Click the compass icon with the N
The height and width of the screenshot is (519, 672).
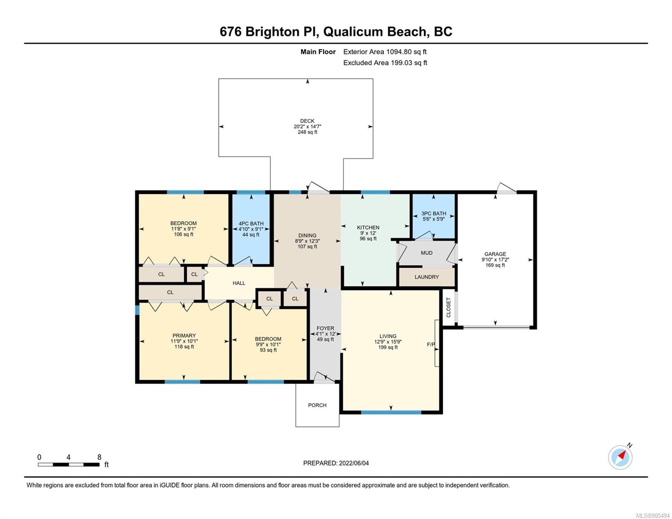[x=620, y=457]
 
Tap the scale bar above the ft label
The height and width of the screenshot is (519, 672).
[x=68, y=464]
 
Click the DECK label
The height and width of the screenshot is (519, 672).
[x=307, y=121]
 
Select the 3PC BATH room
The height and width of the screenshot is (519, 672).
[x=433, y=216]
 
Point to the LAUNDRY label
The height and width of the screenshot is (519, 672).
[x=427, y=277]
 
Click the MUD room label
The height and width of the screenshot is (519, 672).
[x=427, y=253]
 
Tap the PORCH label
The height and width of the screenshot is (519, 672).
[x=317, y=405]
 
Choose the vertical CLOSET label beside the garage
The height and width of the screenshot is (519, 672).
[x=448, y=308]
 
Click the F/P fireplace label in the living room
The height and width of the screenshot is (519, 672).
[x=431, y=344]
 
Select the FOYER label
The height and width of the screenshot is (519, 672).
[x=325, y=328]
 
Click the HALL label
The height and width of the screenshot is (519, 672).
[x=239, y=283]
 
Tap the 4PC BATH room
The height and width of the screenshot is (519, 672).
[x=251, y=229]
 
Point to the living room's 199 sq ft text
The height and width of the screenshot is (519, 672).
[x=388, y=347]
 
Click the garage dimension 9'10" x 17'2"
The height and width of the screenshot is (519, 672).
[x=495, y=259]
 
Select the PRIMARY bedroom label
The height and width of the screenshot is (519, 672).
[x=184, y=336]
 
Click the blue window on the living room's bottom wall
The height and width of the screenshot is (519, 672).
[x=391, y=412]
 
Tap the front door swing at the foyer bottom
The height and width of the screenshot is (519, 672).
[x=324, y=377]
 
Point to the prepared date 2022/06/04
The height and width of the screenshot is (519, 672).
[x=354, y=463]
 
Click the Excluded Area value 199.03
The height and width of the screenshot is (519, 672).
[x=401, y=63]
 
